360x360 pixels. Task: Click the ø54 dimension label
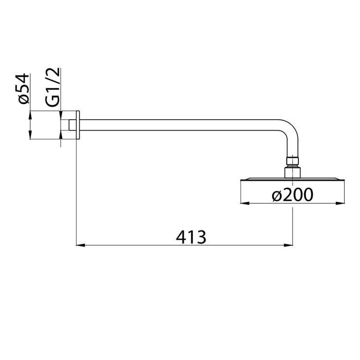pyautogui.click(x=23, y=89)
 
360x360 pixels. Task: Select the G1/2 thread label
pyautogui.click(x=53, y=87)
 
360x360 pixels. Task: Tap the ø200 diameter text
pyautogui.click(x=292, y=195)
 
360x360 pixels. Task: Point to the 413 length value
pyautogui.click(x=191, y=237)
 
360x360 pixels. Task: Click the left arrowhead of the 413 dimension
pyautogui.click(x=81, y=245)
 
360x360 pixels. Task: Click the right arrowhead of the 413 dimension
pyautogui.click(x=288, y=245)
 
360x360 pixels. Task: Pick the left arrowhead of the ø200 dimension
pyautogui.click(x=245, y=203)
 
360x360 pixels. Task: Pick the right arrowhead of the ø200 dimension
pyautogui.click(x=340, y=203)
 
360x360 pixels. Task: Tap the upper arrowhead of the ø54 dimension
pyautogui.click(x=30, y=115)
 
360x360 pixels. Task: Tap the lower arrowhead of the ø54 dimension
pyautogui.click(x=30, y=135)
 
